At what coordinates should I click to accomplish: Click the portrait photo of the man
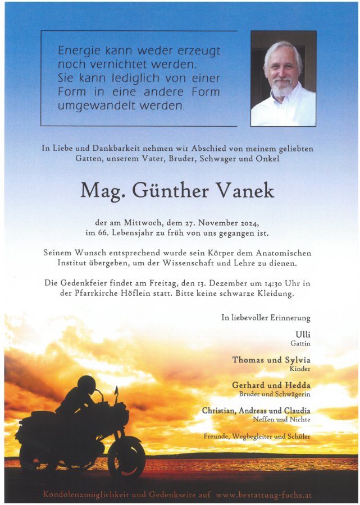point(283,78)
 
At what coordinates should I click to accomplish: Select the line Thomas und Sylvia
point(271,360)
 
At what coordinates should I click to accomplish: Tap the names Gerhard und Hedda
point(271,385)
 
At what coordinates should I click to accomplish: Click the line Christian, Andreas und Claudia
point(256,411)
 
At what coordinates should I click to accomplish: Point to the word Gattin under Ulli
point(300,343)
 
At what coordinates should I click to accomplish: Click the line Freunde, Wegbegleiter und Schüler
point(257,436)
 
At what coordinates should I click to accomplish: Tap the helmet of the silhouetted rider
point(86,384)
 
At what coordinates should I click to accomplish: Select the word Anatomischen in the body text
point(280,253)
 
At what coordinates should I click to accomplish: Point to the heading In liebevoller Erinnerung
point(266,318)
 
